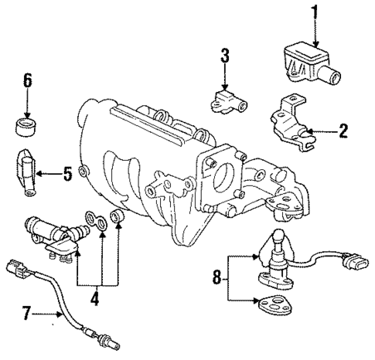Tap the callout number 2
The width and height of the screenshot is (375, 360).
tap(342, 131)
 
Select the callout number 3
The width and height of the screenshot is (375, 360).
tap(224, 56)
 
